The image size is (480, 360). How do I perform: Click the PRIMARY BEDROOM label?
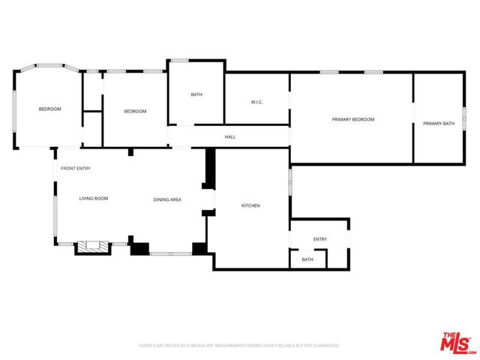352,120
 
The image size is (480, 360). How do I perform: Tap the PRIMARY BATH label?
438,123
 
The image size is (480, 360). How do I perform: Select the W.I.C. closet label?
256,102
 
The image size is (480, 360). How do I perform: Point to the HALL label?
230,136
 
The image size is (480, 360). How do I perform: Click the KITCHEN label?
250,205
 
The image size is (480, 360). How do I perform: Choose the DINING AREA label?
167,199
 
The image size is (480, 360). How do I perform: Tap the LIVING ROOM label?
94,198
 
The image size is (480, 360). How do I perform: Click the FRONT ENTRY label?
76,168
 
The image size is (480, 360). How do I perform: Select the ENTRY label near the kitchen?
320,239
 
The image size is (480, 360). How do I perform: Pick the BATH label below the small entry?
307,259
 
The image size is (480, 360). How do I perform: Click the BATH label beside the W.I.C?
196,94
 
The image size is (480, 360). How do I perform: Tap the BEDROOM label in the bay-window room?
50,109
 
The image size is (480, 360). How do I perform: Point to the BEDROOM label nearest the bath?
135,111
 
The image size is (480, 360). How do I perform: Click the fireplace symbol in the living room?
93,247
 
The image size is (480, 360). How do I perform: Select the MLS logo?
456,341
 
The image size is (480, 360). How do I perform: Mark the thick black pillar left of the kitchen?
210,169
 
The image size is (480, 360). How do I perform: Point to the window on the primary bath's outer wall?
463,120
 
